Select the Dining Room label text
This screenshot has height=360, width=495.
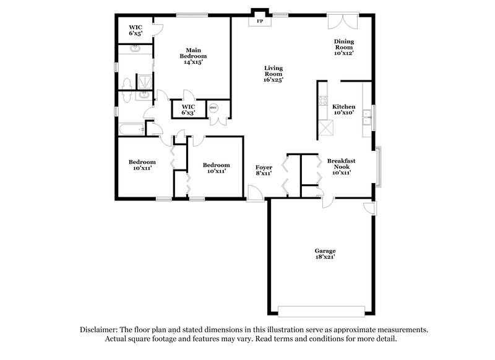tap(343, 47)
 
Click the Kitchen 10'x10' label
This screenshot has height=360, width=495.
tap(343, 109)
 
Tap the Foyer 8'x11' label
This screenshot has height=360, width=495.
tap(264, 171)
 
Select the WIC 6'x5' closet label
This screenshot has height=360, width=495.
tap(136, 30)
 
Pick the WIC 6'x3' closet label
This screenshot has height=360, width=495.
tap(188, 109)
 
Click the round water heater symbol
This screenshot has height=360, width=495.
tap(213, 107)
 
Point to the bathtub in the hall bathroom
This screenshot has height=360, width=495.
tap(131, 129)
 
